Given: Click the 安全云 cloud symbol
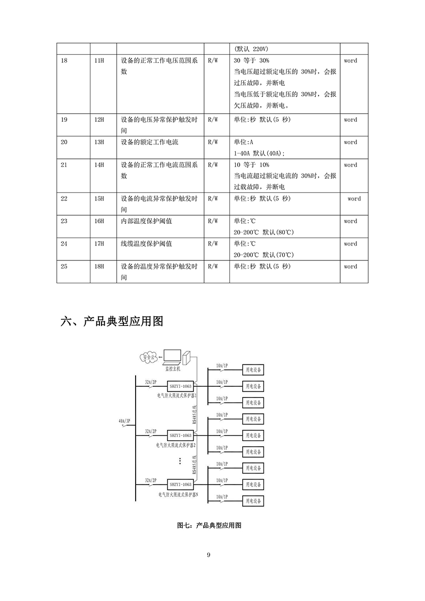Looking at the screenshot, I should [148, 357].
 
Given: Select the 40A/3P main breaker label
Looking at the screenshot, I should [124, 421].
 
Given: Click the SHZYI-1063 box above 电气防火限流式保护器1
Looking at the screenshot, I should [180, 387].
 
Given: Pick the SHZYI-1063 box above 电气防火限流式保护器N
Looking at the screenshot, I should [180, 485].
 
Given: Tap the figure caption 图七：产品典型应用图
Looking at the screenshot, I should [209, 525].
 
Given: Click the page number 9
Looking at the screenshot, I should [209, 555].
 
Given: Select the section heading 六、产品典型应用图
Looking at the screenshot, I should [112, 321].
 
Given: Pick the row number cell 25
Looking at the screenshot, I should [64, 266].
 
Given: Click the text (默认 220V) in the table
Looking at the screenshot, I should [251, 49].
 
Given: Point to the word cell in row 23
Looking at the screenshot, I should [350, 221].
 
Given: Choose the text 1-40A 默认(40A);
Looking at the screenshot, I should [259, 153].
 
